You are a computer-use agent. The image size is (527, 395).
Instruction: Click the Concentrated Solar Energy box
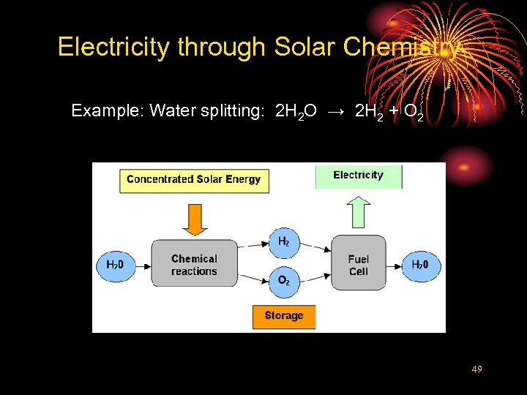point(194,180)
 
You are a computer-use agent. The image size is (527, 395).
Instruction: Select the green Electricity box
point(359,176)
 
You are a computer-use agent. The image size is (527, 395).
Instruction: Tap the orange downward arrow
point(194,219)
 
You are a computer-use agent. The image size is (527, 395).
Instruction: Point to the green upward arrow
point(358,211)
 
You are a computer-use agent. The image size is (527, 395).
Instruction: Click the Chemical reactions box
point(194,264)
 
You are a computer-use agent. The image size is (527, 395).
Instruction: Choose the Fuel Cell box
point(359,264)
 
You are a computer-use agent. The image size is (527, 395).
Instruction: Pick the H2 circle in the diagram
point(283,242)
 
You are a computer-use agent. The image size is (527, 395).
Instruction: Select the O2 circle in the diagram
point(283,281)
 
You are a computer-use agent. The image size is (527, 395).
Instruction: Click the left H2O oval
point(116,265)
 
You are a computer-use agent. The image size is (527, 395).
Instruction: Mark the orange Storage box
point(284,316)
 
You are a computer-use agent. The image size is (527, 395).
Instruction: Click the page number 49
point(476,370)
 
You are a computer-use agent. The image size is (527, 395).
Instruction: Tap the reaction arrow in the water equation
point(336,111)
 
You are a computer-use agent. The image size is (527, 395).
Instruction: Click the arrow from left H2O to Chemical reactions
point(143,265)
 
